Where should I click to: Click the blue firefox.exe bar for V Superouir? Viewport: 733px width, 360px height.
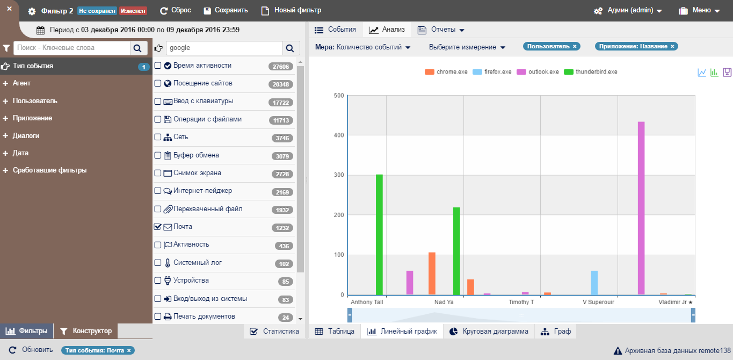594,283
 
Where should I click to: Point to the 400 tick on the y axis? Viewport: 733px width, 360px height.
338,135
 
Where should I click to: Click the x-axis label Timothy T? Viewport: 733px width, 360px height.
521,303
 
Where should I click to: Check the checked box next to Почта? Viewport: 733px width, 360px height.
158,227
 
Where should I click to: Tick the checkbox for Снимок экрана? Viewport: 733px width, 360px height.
158,173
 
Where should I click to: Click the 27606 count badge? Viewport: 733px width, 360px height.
281,67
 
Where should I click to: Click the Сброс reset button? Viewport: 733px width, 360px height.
176,11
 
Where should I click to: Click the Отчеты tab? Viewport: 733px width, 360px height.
441,30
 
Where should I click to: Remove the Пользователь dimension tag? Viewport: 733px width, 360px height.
575,47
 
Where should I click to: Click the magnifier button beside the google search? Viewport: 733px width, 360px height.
290,48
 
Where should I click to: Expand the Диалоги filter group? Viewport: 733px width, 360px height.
26,136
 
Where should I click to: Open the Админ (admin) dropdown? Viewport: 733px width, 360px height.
628,11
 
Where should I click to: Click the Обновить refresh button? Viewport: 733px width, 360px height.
31,350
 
